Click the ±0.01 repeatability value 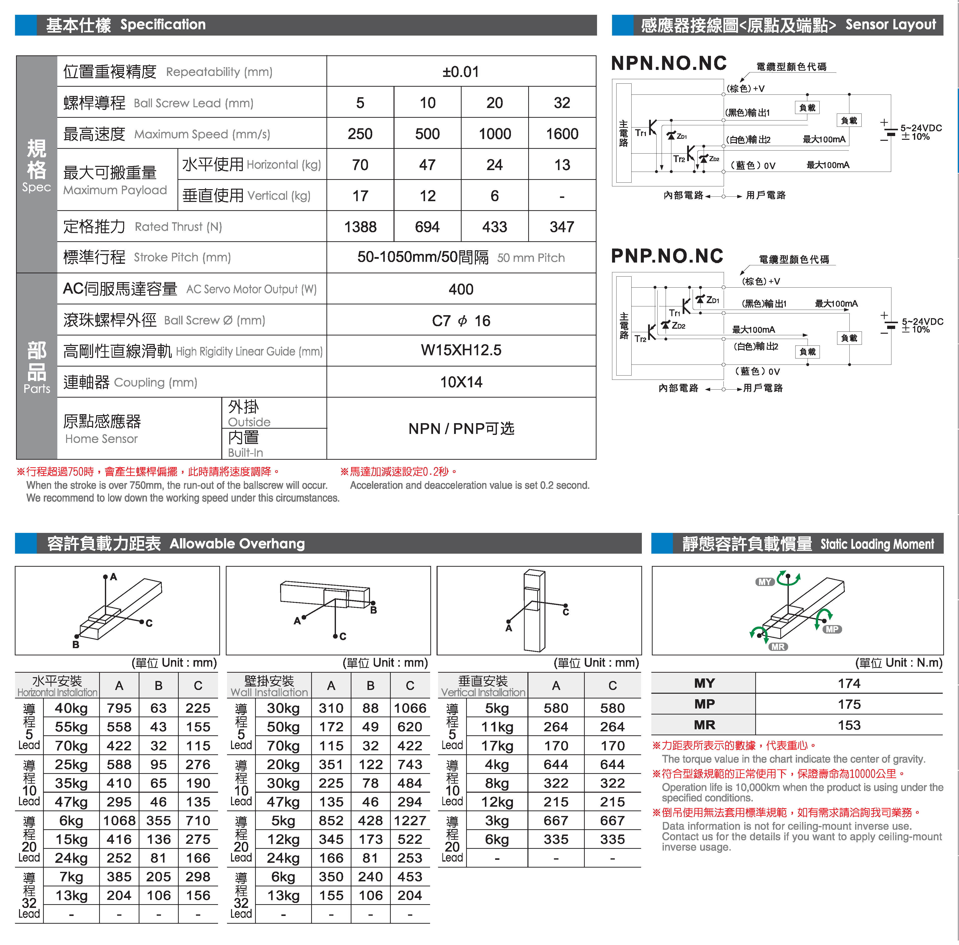[x=461, y=72]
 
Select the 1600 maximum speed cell [x=562, y=134]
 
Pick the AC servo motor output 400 [x=461, y=289]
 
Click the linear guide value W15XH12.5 [x=461, y=350]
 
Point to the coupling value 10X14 [x=461, y=382]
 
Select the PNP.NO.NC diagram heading [x=667, y=256]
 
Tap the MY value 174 [x=849, y=683]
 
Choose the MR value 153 [x=849, y=725]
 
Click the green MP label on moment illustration [x=832, y=629]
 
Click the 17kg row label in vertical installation [x=497, y=746]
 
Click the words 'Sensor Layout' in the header [x=891, y=25]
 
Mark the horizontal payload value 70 [x=360, y=165]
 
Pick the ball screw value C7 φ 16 [x=461, y=321]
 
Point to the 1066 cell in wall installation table [x=410, y=708]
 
